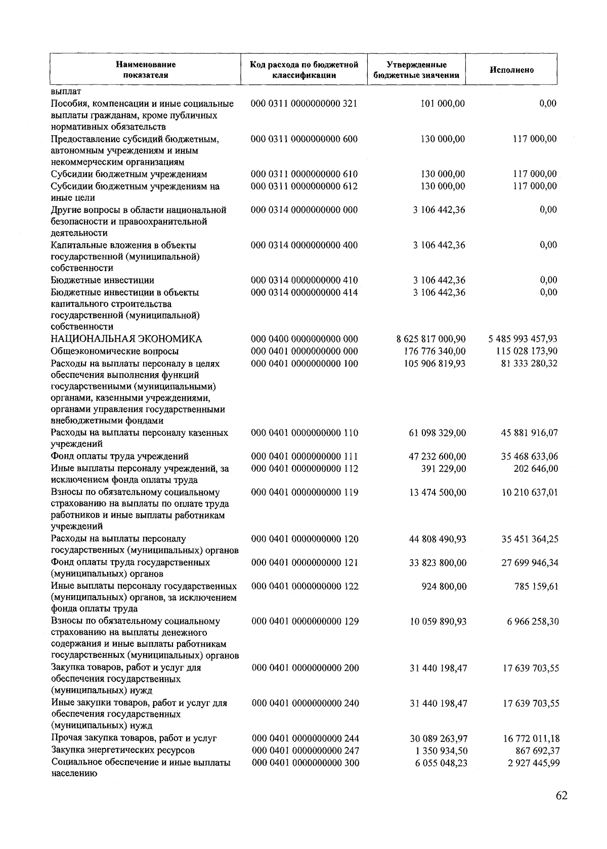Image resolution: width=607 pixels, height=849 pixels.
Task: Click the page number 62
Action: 561,795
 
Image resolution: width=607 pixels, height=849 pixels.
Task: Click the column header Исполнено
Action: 511,70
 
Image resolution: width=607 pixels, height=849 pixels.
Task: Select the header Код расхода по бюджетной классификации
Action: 304,70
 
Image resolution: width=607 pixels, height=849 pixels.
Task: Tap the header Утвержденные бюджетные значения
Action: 416,70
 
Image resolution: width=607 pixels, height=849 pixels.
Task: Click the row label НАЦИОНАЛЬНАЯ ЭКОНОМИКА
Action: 126,339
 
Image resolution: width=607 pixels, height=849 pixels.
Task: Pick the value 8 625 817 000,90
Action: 431,339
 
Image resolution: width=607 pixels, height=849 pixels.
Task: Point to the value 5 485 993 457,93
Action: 523,339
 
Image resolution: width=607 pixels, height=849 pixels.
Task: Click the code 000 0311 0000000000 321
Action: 304,104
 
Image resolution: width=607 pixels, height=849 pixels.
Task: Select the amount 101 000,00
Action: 443,104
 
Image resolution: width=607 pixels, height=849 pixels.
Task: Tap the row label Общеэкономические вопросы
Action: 115,351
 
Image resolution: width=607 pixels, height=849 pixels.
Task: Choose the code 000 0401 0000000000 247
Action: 306,750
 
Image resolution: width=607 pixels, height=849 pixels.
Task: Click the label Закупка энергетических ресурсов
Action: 123,750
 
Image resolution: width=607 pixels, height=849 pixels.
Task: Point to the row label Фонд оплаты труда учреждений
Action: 120,457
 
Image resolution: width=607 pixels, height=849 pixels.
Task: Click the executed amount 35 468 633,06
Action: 530,457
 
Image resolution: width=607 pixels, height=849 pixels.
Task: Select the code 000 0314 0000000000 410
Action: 305,280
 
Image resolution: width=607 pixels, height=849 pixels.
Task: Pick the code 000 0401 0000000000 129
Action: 305,621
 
